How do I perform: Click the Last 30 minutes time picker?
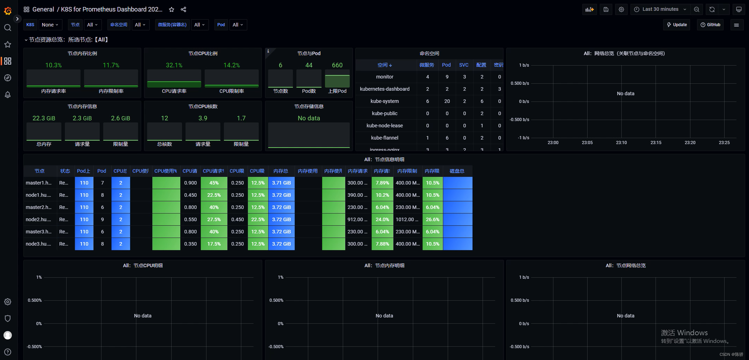[660, 9]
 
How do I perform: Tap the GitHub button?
[710, 25]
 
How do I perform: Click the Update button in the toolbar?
[676, 25]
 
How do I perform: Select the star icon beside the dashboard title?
[172, 9]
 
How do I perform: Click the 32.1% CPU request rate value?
[174, 65]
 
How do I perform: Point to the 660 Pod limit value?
[337, 65]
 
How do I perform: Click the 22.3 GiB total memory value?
[44, 118]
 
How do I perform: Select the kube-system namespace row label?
[385, 101]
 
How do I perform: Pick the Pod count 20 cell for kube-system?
[447, 101]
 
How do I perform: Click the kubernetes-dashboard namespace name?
[385, 89]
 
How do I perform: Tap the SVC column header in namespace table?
[464, 65]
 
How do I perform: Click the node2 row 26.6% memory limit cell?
[432, 219]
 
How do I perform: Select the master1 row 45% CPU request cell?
[214, 183]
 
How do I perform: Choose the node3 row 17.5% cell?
[214, 244]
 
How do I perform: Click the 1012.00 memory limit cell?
[407, 219]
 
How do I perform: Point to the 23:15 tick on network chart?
[656, 143]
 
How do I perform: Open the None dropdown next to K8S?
[50, 25]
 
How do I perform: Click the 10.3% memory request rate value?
[53, 65]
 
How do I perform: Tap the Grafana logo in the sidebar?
[8, 11]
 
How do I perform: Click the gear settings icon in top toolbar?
[621, 9]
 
